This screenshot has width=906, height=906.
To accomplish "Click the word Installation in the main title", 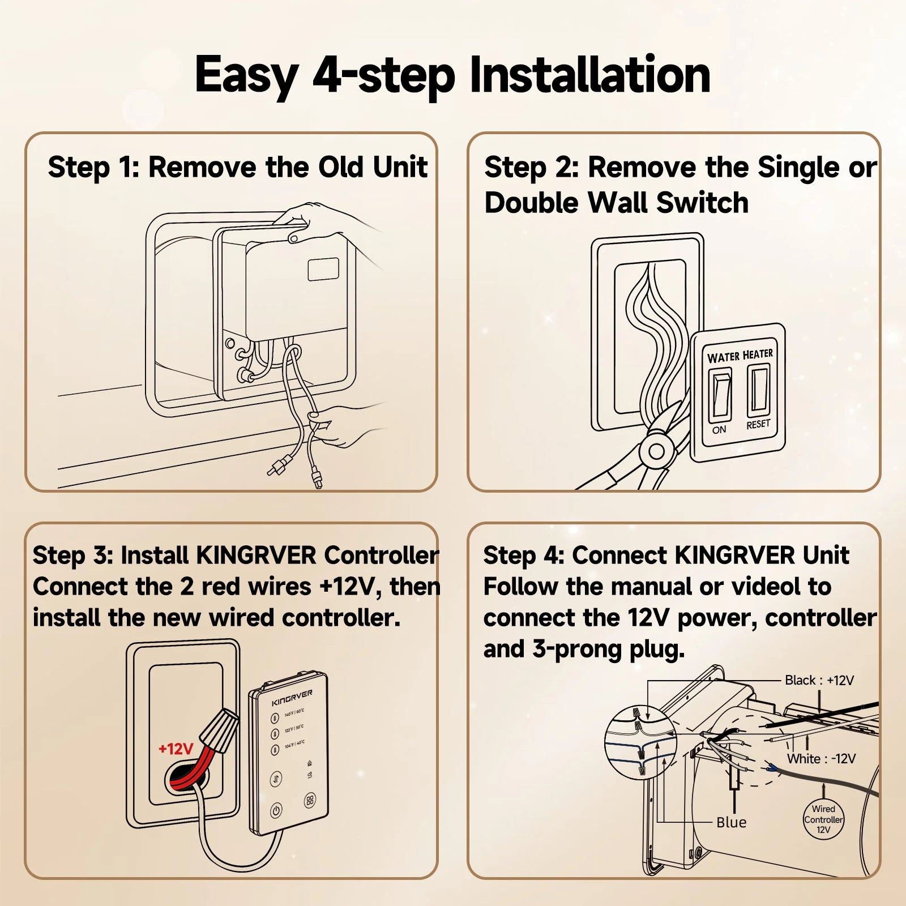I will tap(589, 75).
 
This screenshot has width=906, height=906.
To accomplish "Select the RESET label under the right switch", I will tap(758, 424).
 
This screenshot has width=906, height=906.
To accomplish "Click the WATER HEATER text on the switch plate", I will tap(740, 356).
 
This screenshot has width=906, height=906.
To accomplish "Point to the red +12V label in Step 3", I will tap(176, 749).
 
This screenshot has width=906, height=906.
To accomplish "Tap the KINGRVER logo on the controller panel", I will tap(292, 697).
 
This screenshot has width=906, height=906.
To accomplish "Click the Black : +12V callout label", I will tap(819, 680).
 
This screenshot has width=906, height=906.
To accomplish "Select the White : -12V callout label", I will tap(821, 758).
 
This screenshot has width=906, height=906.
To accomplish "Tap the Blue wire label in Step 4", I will tap(731, 822).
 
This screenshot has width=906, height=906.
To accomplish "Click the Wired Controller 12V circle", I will tap(823, 819).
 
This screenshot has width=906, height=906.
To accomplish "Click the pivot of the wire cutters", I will tap(656, 451).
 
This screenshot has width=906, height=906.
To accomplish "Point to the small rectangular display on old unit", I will tap(323, 270).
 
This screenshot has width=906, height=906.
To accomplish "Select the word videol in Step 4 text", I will tap(766, 587).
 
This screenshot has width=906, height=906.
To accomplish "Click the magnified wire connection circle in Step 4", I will tap(640, 742).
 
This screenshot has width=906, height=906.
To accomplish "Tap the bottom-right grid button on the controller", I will tap(310, 800).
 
